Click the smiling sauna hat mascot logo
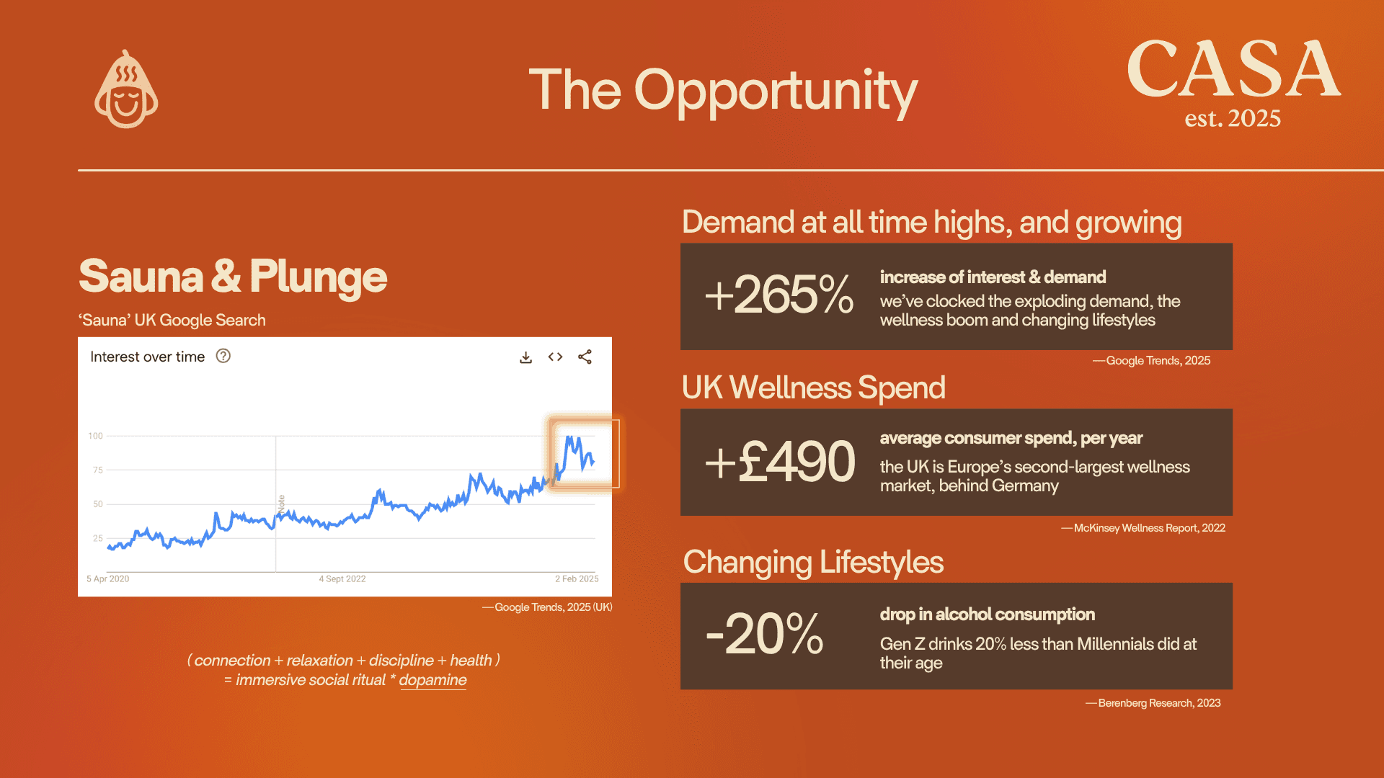(x=126, y=89)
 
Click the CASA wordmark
(x=1233, y=69)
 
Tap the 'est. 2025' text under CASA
(x=1233, y=118)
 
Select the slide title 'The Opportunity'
(x=723, y=91)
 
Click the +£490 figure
(x=780, y=461)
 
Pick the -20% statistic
(x=764, y=634)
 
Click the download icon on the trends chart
(x=526, y=357)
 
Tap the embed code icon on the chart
(x=555, y=357)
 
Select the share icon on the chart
(x=585, y=357)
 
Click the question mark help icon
(x=223, y=356)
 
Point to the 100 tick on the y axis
(x=96, y=436)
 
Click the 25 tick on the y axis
(x=98, y=538)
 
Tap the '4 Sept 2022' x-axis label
(x=342, y=578)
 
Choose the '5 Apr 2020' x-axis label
(x=108, y=578)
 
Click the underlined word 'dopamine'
(x=432, y=680)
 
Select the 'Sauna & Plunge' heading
(x=233, y=277)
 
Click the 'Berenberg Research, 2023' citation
(x=1159, y=703)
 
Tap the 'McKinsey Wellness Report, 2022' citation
(x=1150, y=528)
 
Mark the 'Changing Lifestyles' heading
(x=813, y=563)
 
